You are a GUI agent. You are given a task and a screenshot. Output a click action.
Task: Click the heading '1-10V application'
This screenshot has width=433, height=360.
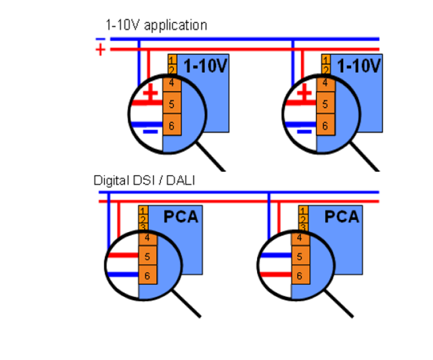click(156, 25)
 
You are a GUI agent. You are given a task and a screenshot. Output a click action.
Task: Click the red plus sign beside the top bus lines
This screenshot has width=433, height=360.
click(101, 50)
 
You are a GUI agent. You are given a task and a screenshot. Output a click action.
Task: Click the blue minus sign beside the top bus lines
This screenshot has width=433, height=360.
click(100, 39)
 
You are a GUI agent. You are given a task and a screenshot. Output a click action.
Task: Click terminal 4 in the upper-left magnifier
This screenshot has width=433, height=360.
click(172, 83)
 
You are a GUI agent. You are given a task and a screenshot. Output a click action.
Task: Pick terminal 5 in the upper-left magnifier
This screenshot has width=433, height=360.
click(172, 104)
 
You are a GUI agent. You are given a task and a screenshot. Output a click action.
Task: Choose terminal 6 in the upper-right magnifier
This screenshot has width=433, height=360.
click(326, 126)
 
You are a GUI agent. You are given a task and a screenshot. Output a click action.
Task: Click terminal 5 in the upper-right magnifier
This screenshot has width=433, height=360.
click(326, 104)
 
